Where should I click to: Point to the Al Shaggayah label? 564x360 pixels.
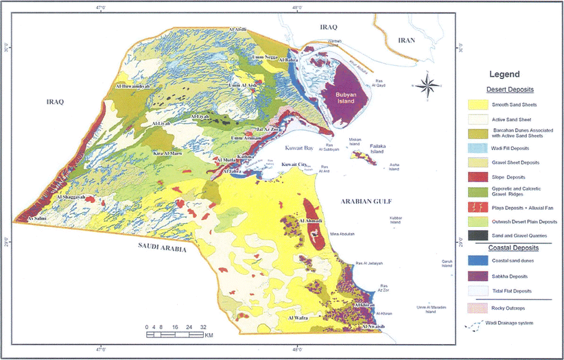(71, 197)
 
